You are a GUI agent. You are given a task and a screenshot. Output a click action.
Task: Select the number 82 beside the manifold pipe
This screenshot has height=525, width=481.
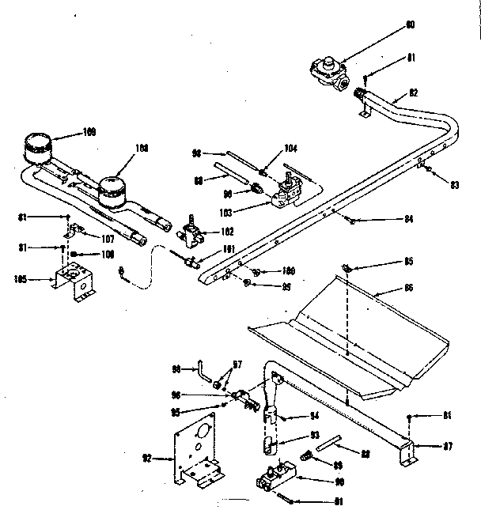pos(412,93)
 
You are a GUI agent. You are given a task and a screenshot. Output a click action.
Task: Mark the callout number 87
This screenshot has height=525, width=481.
pos(447,446)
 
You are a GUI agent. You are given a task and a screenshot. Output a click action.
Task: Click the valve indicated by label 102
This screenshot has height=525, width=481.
pos(190,232)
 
